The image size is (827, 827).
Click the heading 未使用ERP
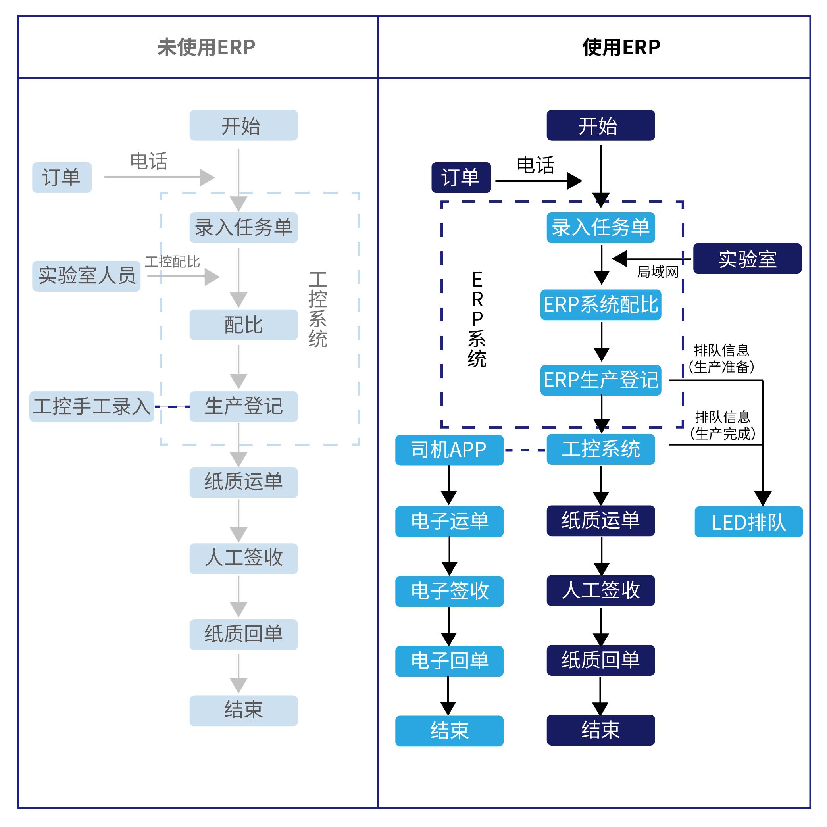pos(206,47)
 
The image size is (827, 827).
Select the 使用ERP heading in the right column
pos(621,47)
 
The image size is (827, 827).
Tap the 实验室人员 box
pos(87,276)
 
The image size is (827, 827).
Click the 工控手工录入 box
pos(92,406)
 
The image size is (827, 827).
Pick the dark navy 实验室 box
pos(747,259)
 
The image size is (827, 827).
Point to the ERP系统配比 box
pos(600,305)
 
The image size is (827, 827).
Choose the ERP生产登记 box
pos(600,380)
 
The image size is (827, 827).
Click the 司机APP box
pos(449,450)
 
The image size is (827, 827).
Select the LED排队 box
pos(748,522)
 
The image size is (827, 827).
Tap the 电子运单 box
pos(449,521)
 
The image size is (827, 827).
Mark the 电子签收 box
pos(449,591)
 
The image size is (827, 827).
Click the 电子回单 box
pos(449,661)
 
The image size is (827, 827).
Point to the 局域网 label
pos(658,272)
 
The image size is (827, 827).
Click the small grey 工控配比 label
pos(173,262)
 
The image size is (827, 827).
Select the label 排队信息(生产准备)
pos(722,359)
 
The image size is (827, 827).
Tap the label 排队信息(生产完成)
pos(723,425)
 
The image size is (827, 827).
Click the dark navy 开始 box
pos(600,125)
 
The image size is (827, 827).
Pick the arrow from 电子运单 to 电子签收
pos(449,556)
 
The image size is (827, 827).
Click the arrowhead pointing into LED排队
pos(763,498)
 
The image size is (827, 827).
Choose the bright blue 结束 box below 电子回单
pos(449,731)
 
